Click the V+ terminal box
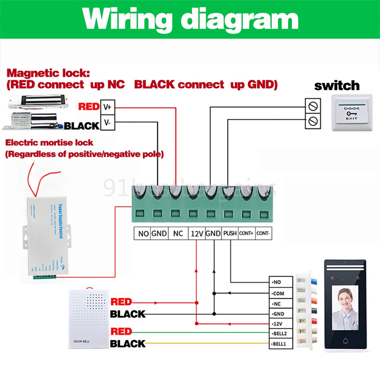[108, 107]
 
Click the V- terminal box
[108, 123]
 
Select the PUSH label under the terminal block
[230, 233]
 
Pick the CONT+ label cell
[246, 233]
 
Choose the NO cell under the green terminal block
[143, 233]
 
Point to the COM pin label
[280, 293]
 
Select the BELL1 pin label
[280, 345]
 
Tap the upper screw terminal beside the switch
[313, 105]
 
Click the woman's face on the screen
[345, 298]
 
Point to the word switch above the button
[337, 85]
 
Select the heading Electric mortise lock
[49, 143]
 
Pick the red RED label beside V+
[89, 106]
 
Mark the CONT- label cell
[263, 233]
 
